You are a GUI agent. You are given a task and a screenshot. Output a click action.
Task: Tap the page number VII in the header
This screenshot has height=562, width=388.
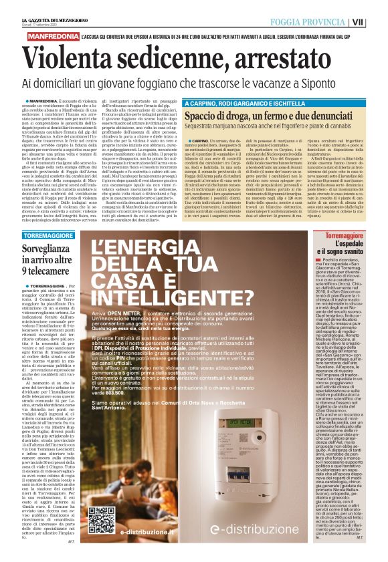pyautogui.click(x=377, y=21)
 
